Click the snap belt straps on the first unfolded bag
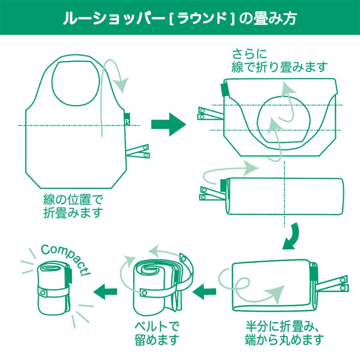[138, 151]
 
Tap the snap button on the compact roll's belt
[42, 293]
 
